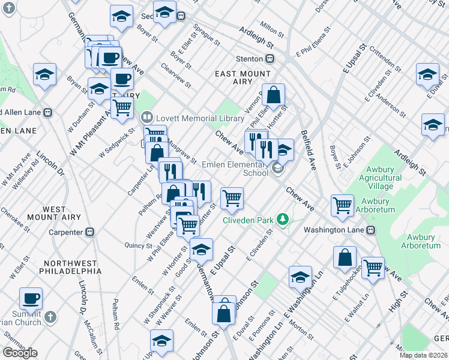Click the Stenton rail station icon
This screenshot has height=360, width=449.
[x=270, y=59]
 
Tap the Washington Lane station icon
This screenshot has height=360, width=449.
[x=371, y=229]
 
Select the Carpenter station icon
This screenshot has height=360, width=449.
[x=90, y=231]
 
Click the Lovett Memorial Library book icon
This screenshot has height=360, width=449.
[x=146, y=117]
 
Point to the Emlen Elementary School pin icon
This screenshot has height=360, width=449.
[x=278, y=168]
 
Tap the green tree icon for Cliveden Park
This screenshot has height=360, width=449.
[x=283, y=220]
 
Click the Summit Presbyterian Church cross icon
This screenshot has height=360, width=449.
[x=50, y=316]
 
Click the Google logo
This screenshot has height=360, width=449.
[x=20, y=352]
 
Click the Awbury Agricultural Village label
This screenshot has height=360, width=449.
[x=380, y=178]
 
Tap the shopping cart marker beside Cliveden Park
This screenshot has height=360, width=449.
[x=232, y=197]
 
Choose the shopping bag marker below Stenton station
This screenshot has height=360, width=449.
[x=273, y=94]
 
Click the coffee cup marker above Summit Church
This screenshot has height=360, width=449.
[x=31, y=298]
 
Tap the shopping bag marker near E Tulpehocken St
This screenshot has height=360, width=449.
[x=345, y=257]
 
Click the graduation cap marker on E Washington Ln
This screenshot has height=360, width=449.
[x=300, y=277]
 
